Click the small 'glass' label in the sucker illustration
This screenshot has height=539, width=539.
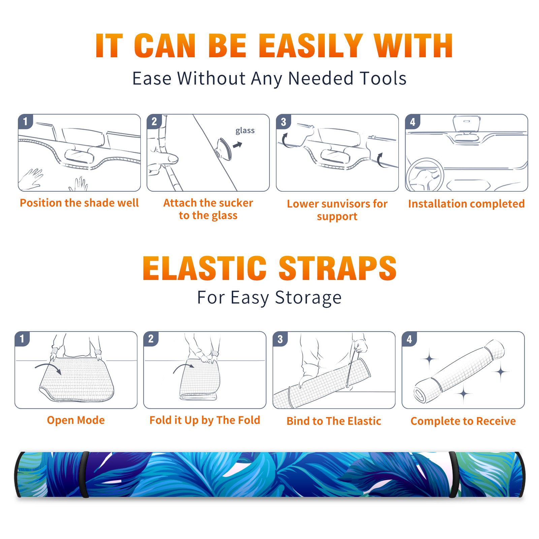click(245, 131)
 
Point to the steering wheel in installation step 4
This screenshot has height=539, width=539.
click(424, 175)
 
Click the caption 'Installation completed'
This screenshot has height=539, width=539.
click(466, 203)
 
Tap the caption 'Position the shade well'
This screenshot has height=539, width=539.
click(79, 203)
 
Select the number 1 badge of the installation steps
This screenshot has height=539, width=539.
click(25, 121)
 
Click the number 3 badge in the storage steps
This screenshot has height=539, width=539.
click(280, 339)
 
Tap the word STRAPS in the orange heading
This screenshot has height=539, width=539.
click(337, 268)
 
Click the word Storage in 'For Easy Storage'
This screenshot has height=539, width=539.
click(308, 298)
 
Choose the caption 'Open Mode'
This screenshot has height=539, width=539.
click(76, 420)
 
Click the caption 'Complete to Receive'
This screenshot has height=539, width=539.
click(463, 421)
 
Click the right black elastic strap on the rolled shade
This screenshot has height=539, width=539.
click(453, 474)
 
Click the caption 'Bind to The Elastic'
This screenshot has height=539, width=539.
click(334, 421)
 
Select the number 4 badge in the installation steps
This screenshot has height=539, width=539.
click(413, 121)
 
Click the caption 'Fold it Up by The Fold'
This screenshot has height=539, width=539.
click(205, 420)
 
